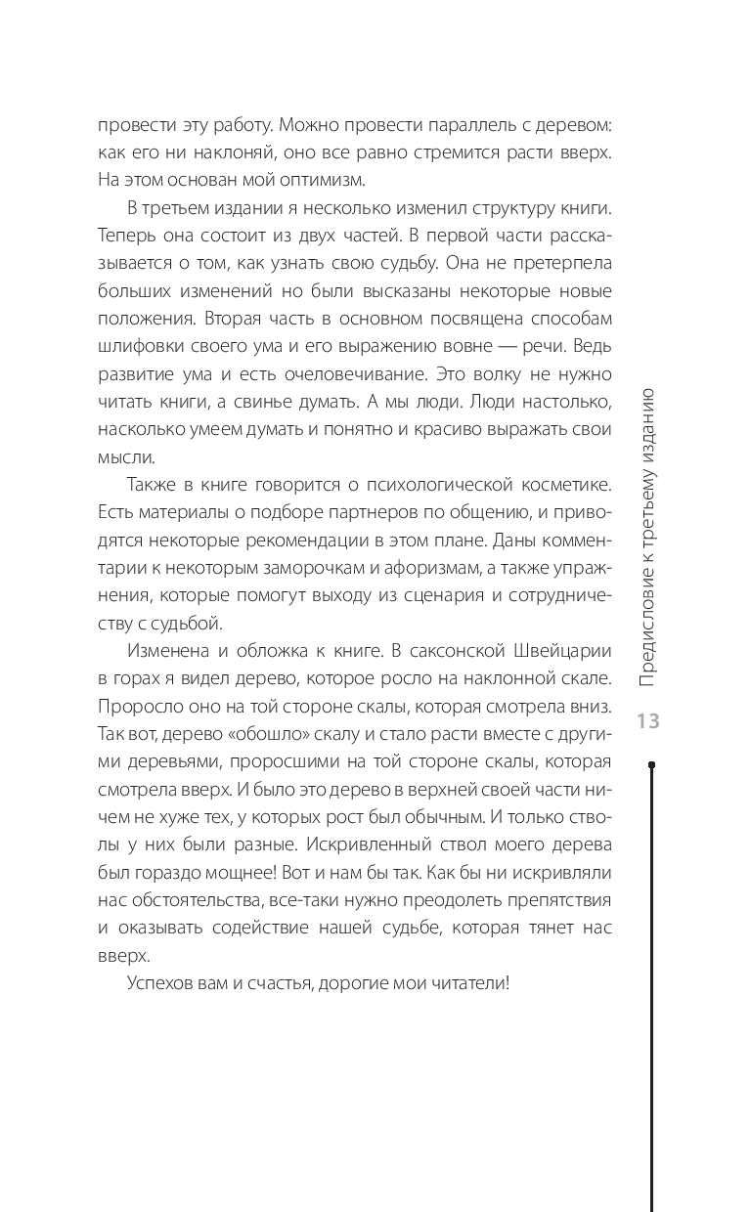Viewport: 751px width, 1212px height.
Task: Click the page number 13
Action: point(648,722)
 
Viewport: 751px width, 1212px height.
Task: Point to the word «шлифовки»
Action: point(133,348)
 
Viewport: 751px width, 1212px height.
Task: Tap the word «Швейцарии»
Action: point(556,649)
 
